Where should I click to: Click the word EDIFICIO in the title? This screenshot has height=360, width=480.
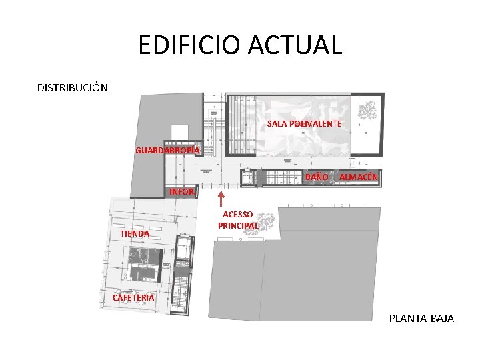point(189,45)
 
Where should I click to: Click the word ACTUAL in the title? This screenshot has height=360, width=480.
point(295,45)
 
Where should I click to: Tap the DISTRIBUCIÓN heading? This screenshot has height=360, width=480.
point(73,87)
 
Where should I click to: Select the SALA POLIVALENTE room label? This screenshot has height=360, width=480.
point(304,124)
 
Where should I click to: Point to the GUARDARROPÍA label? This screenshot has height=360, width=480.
point(167,150)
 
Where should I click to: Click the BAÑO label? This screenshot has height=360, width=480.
point(317,177)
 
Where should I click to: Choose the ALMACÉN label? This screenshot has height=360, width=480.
point(359,177)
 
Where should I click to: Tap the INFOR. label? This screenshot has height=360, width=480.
point(182,192)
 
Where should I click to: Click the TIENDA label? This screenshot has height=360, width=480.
point(135,233)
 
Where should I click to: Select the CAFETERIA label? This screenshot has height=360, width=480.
point(133,297)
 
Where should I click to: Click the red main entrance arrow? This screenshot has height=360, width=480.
point(221,199)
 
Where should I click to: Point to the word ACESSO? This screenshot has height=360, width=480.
point(237,214)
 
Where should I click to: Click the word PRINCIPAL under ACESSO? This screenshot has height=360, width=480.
point(238,225)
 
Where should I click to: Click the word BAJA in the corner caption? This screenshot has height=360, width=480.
point(443,319)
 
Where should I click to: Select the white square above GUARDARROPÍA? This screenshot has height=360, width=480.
point(180,132)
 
